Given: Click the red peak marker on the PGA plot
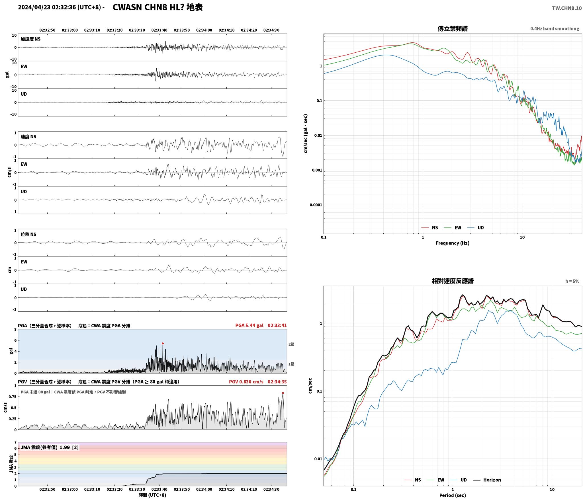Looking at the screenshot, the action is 163,343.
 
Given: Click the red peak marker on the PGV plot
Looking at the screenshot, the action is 283,393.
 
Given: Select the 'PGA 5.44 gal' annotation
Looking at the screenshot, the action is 249,325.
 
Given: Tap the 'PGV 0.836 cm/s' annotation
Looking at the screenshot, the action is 246,381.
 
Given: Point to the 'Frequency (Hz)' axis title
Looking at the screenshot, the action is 453,243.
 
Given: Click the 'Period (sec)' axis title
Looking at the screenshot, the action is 453,495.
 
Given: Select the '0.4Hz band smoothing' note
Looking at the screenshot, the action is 555,29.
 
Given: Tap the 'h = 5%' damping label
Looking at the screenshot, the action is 572,281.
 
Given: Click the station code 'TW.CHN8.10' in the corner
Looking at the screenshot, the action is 567,8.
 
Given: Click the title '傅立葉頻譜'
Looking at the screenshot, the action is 453,28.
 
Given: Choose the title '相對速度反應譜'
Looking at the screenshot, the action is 453,281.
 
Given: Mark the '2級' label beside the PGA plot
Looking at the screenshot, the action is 291,344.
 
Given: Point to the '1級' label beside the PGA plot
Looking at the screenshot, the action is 291,364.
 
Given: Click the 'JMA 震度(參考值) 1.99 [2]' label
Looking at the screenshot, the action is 50,447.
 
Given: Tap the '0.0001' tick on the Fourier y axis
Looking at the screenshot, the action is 316,205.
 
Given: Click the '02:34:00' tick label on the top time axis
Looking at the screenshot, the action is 204,30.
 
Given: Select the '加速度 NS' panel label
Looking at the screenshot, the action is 30,39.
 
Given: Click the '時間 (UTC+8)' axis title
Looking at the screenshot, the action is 152,495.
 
